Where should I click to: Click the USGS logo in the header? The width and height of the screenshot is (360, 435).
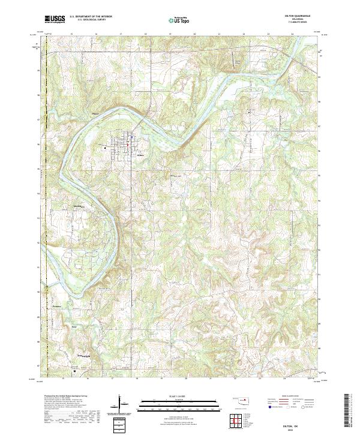tap(55, 20)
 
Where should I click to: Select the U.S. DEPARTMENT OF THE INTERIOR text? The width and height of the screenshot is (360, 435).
tap(90, 17)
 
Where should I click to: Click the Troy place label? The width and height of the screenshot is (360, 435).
tap(74, 326)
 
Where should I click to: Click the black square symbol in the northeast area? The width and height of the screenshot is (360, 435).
tap(250, 112)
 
